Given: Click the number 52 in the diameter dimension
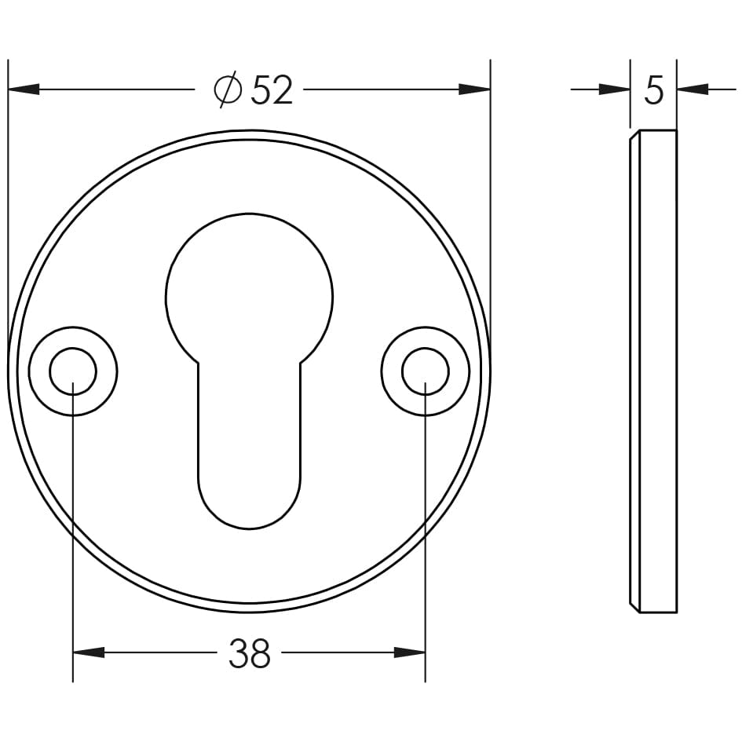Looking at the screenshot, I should tap(272, 90).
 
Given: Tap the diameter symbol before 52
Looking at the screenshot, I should tap(227, 90).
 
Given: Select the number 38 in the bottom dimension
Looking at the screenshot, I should tap(249, 653).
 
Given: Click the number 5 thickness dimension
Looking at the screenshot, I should tap(653, 90).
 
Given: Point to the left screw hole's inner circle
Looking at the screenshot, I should tap(73, 371).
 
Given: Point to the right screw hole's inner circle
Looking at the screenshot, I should tap(426, 371).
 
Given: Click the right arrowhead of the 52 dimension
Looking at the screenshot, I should tap(474, 90).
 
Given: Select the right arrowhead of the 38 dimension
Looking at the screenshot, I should tap(409, 652).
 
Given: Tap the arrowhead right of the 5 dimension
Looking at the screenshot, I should tap(692, 90).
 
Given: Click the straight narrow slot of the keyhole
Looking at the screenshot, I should tap(249, 424).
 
